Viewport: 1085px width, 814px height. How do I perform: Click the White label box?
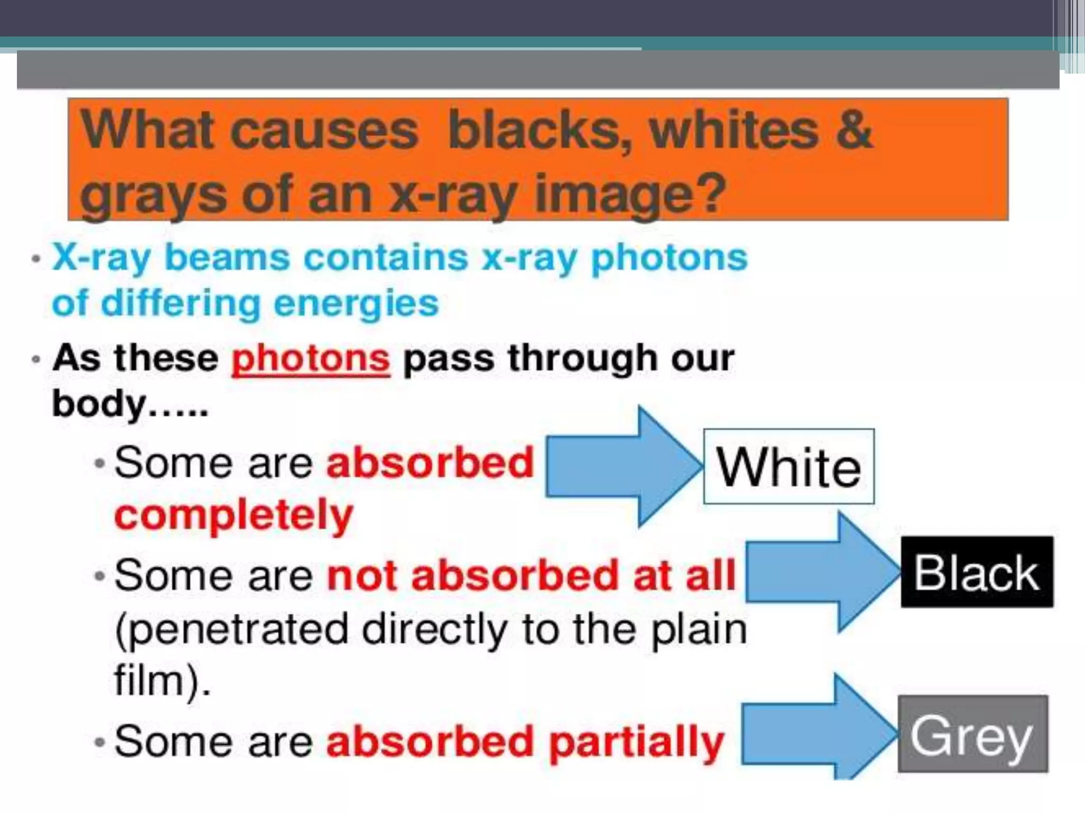click(x=788, y=466)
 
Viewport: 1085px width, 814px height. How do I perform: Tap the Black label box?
click(x=977, y=572)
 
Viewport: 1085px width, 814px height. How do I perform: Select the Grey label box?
click(x=973, y=735)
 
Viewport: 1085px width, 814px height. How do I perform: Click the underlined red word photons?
click(x=311, y=359)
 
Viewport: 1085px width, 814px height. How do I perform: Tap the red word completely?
click(x=234, y=515)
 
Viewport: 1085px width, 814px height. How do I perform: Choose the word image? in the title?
click(x=630, y=195)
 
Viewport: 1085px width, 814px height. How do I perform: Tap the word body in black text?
click(x=99, y=404)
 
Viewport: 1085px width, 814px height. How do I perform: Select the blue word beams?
click(x=227, y=258)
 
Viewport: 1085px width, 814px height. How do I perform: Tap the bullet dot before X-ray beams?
click(x=36, y=260)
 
